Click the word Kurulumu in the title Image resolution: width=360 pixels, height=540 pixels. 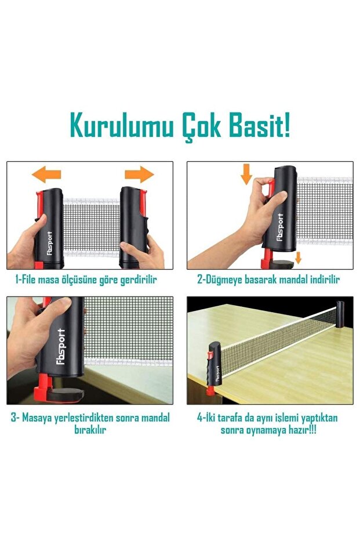pos(122,126)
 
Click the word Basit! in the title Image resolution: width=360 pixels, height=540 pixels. pos(259,126)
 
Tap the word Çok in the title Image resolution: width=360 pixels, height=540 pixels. pos(201,127)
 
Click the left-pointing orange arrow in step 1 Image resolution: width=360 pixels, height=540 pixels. pos(46,174)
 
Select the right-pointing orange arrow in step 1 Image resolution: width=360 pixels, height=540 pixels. pos(139,174)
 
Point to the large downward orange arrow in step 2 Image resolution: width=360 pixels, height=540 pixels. pos(246,174)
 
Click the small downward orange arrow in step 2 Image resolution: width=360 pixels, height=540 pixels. pos(298,258)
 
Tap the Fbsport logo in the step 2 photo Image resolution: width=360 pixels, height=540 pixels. pos(280,227)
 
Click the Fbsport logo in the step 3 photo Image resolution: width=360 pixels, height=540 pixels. pos(60,346)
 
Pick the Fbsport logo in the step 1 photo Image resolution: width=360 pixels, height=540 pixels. pos(50,244)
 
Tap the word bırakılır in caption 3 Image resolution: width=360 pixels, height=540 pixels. pos(90,429)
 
